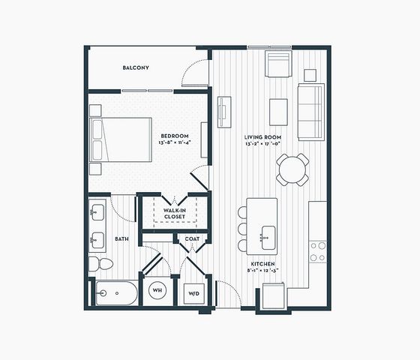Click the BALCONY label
click(x=136, y=67)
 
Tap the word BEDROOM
click(x=175, y=136)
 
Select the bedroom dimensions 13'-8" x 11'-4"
click(x=175, y=142)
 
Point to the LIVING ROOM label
click(x=262, y=137)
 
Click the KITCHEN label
click(x=262, y=264)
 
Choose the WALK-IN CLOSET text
click(x=175, y=214)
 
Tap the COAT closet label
click(x=192, y=239)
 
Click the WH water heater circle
click(x=157, y=290)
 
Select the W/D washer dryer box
click(x=194, y=293)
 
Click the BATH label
click(x=121, y=239)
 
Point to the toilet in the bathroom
click(x=101, y=264)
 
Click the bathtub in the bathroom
click(x=116, y=293)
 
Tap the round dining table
click(x=292, y=169)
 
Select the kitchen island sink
click(x=268, y=238)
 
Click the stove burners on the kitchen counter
click(x=318, y=251)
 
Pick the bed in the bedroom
click(x=121, y=139)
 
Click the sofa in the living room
click(x=311, y=112)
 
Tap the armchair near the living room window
click(x=278, y=64)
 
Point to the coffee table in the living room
click(x=278, y=112)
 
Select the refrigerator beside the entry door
click(x=274, y=296)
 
